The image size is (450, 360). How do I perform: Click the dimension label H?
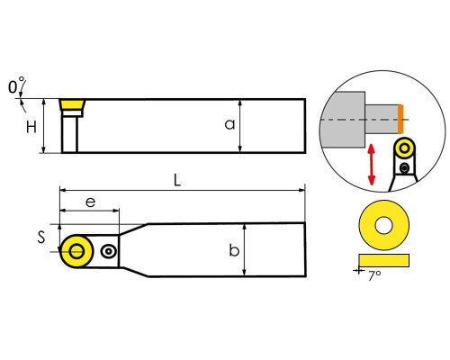pyautogui.click(x=31, y=127)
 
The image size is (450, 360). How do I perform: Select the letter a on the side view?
pyautogui.click(x=229, y=124)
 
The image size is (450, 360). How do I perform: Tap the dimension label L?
pyautogui.click(x=177, y=181)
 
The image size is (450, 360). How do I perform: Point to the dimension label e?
pyautogui.click(x=90, y=202)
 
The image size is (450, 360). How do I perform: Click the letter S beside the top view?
pyautogui.click(x=41, y=237)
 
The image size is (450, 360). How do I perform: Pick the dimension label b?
pyautogui.click(x=234, y=250)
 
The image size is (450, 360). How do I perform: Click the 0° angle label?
pyautogui.click(x=16, y=85)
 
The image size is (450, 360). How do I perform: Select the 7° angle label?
pyautogui.click(x=374, y=275)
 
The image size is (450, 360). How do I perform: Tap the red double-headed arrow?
pyautogui.click(x=372, y=165)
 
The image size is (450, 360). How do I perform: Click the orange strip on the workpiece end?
pyautogui.click(x=400, y=119)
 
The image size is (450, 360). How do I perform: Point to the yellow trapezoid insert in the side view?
pyautogui.click(x=72, y=105)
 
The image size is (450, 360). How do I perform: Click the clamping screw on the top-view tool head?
pyautogui.click(x=108, y=251)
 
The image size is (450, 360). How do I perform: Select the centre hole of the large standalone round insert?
pyautogui.click(x=383, y=225)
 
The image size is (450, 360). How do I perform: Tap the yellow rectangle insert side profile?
pyautogui.click(x=383, y=260)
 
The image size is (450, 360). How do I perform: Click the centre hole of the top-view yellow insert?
pyautogui.click(x=76, y=251)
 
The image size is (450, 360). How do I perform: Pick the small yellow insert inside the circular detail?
pyautogui.click(x=404, y=148)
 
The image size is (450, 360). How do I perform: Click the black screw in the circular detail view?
pyautogui.click(x=405, y=167)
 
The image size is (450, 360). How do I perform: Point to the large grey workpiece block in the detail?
pyautogui.click(x=343, y=120)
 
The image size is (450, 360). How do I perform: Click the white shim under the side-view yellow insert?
pyautogui.click(x=72, y=113)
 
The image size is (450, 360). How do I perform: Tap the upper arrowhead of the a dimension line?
pyautogui.click(x=239, y=103)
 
